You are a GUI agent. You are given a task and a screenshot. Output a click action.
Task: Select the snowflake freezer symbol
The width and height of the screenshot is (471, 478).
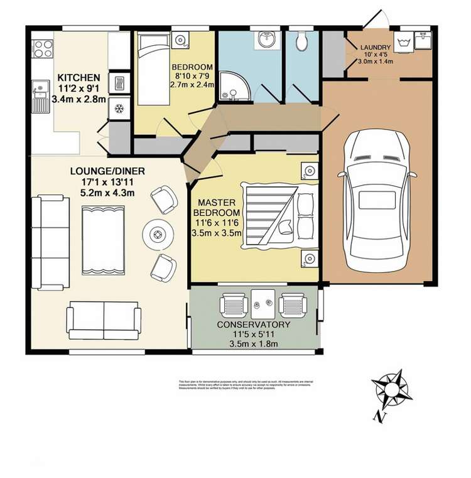118,107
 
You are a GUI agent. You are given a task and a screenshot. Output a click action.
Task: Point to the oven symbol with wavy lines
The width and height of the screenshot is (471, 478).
118,82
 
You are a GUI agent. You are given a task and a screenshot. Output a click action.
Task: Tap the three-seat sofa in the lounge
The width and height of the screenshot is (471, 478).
51,242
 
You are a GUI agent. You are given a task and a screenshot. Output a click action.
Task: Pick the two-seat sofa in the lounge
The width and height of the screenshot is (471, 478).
104,320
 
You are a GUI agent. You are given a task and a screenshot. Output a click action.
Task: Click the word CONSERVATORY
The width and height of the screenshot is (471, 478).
253,324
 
